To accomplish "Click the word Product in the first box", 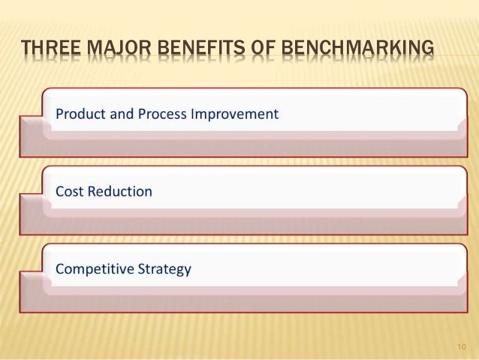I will (80, 114).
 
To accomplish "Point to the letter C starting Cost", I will (60, 192).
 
